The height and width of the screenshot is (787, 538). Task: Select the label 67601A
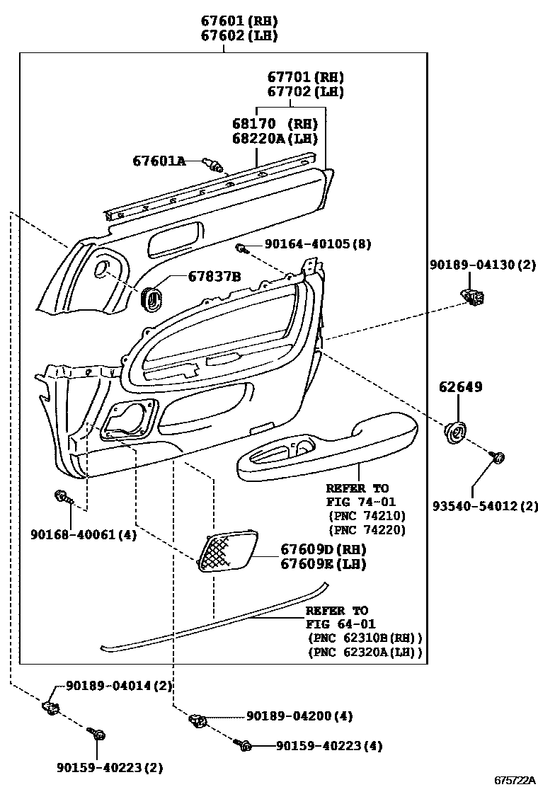(159, 161)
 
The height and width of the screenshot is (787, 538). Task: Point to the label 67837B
(214, 276)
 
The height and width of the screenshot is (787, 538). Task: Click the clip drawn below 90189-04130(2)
(471, 295)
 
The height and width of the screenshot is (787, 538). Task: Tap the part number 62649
(461, 387)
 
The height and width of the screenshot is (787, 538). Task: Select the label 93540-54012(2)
(486, 506)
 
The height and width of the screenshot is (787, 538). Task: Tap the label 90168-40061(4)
(83, 535)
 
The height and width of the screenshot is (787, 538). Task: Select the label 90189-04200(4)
(300, 716)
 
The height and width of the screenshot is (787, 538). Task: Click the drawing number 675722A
(514, 779)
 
